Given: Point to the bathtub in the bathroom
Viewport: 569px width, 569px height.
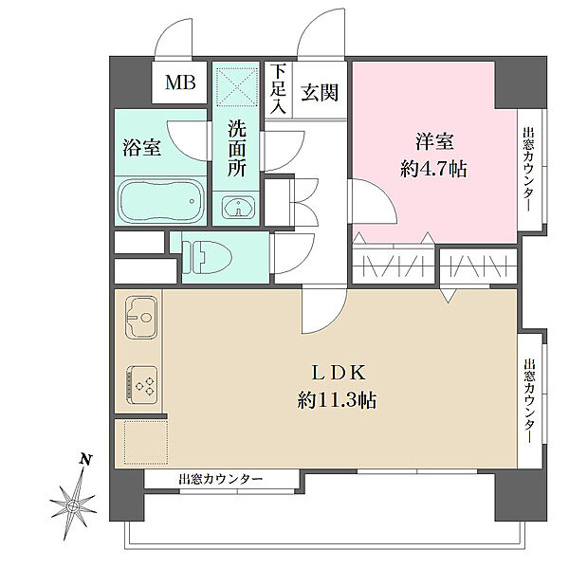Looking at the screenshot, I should (159, 200).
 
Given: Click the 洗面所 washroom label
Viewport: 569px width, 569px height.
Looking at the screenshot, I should (236, 149).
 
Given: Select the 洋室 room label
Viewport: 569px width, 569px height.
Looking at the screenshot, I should (434, 143).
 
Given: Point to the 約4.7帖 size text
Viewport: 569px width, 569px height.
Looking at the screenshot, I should (434, 171).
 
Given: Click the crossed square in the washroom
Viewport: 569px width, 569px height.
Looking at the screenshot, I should (234, 87).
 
